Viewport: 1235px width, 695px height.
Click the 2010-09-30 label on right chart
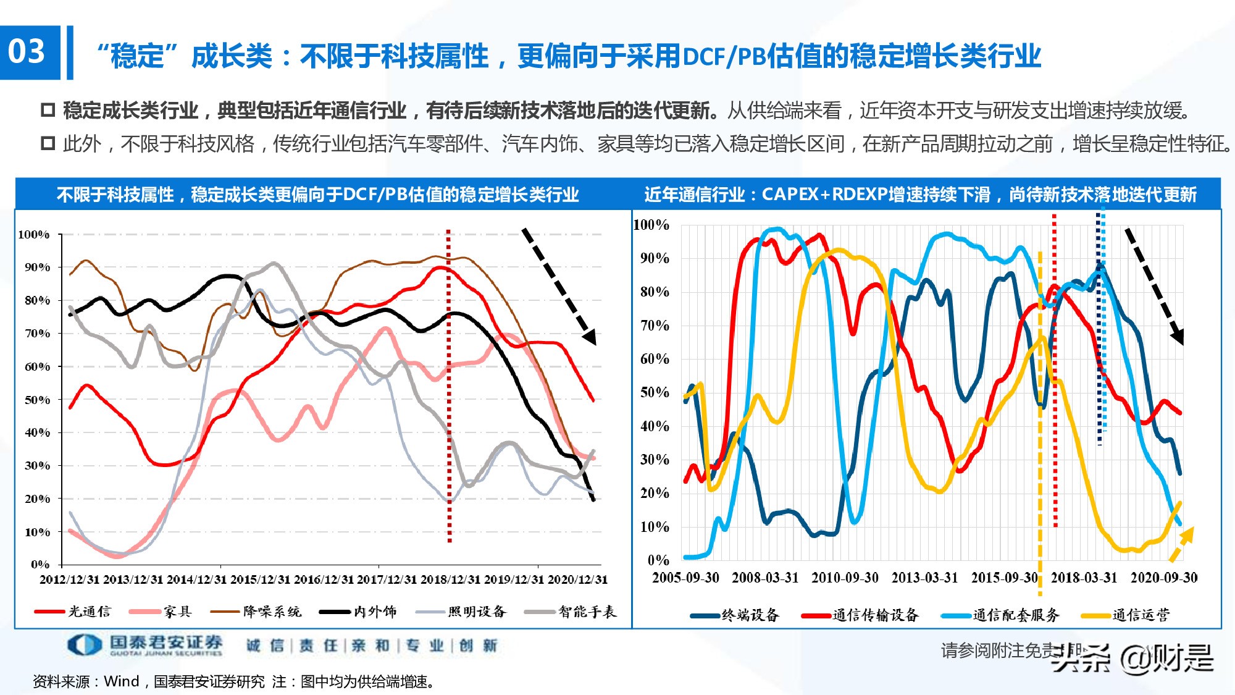tap(845, 578)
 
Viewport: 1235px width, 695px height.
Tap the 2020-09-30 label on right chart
tap(1164, 578)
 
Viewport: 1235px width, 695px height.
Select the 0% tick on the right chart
tap(658, 560)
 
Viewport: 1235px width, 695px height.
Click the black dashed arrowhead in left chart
tap(590, 337)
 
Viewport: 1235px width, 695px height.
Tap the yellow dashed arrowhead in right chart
tap(1187, 534)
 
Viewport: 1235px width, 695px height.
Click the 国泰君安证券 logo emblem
tap(85, 645)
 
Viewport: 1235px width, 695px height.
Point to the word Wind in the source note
tap(122, 681)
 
